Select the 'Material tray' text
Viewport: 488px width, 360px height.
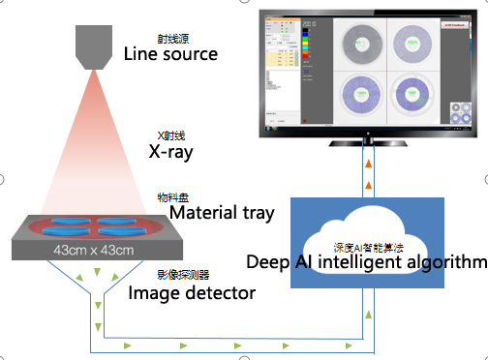pyautogui.click(x=221, y=212)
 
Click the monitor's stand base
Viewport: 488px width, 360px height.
pyautogui.click(x=369, y=142)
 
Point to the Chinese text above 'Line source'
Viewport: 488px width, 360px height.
pyautogui.click(x=170, y=39)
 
